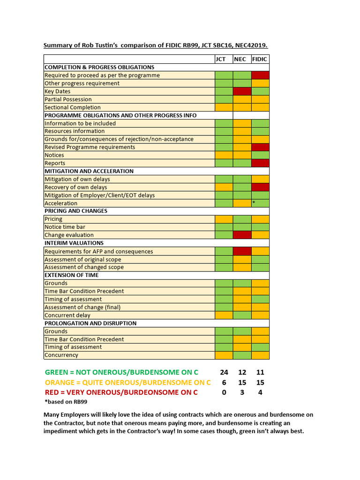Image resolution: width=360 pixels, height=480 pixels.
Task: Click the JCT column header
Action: click(224, 59)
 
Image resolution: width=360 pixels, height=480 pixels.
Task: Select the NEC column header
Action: click(242, 59)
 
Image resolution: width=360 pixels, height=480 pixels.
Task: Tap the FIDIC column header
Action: click(260, 59)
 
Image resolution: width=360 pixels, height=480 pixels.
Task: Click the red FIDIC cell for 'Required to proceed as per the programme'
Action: click(260, 75)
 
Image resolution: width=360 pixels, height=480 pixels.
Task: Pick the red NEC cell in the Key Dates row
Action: click(242, 91)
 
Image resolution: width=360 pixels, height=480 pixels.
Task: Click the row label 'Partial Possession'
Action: click(68, 99)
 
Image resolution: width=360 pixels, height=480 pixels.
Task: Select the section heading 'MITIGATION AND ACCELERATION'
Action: click(89, 171)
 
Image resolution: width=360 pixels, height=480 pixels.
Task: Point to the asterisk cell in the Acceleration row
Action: click(260, 203)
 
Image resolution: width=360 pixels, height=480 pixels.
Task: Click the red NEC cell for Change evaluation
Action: click(242, 235)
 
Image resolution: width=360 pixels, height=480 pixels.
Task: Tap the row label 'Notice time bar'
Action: click(65, 227)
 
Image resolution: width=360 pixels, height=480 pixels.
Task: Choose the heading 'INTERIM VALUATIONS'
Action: click(74, 243)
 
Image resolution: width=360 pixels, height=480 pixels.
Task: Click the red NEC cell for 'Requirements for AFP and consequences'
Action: click(242, 251)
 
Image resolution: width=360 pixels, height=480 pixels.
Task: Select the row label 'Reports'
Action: click(55, 163)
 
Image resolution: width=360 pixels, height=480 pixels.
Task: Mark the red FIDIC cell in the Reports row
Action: click(260, 163)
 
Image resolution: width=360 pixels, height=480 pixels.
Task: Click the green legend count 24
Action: click(224, 372)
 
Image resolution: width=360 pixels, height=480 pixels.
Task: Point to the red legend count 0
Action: click(224, 392)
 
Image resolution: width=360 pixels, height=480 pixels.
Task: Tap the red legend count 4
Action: click(260, 392)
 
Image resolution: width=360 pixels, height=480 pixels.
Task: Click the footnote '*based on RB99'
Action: click(66, 402)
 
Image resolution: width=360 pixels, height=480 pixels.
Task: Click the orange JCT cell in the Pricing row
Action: click(224, 219)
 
